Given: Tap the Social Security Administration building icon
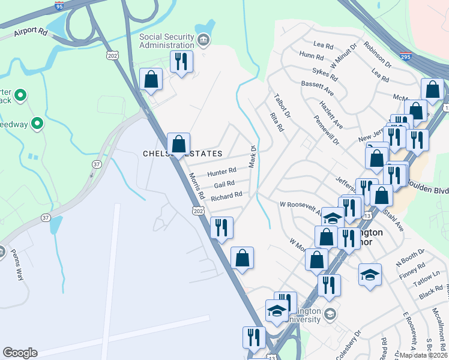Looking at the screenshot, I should click(203, 41).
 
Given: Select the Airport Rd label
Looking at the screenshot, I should click(31, 31).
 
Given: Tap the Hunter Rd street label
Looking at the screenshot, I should click(222, 172).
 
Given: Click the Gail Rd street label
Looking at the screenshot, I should click(224, 184).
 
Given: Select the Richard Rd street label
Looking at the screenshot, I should click(226, 196).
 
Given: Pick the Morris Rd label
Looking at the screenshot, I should click(196, 187).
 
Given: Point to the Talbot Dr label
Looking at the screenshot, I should click(282, 104).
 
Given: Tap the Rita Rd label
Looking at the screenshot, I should click(277, 122).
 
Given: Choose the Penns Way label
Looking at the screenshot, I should click(16, 267).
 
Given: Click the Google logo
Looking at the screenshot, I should click(20, 353).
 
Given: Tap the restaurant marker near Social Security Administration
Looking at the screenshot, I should click(180, 61).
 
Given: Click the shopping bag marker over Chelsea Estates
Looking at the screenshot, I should click(178, 145).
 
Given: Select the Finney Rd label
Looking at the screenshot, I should click(412, 270).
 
